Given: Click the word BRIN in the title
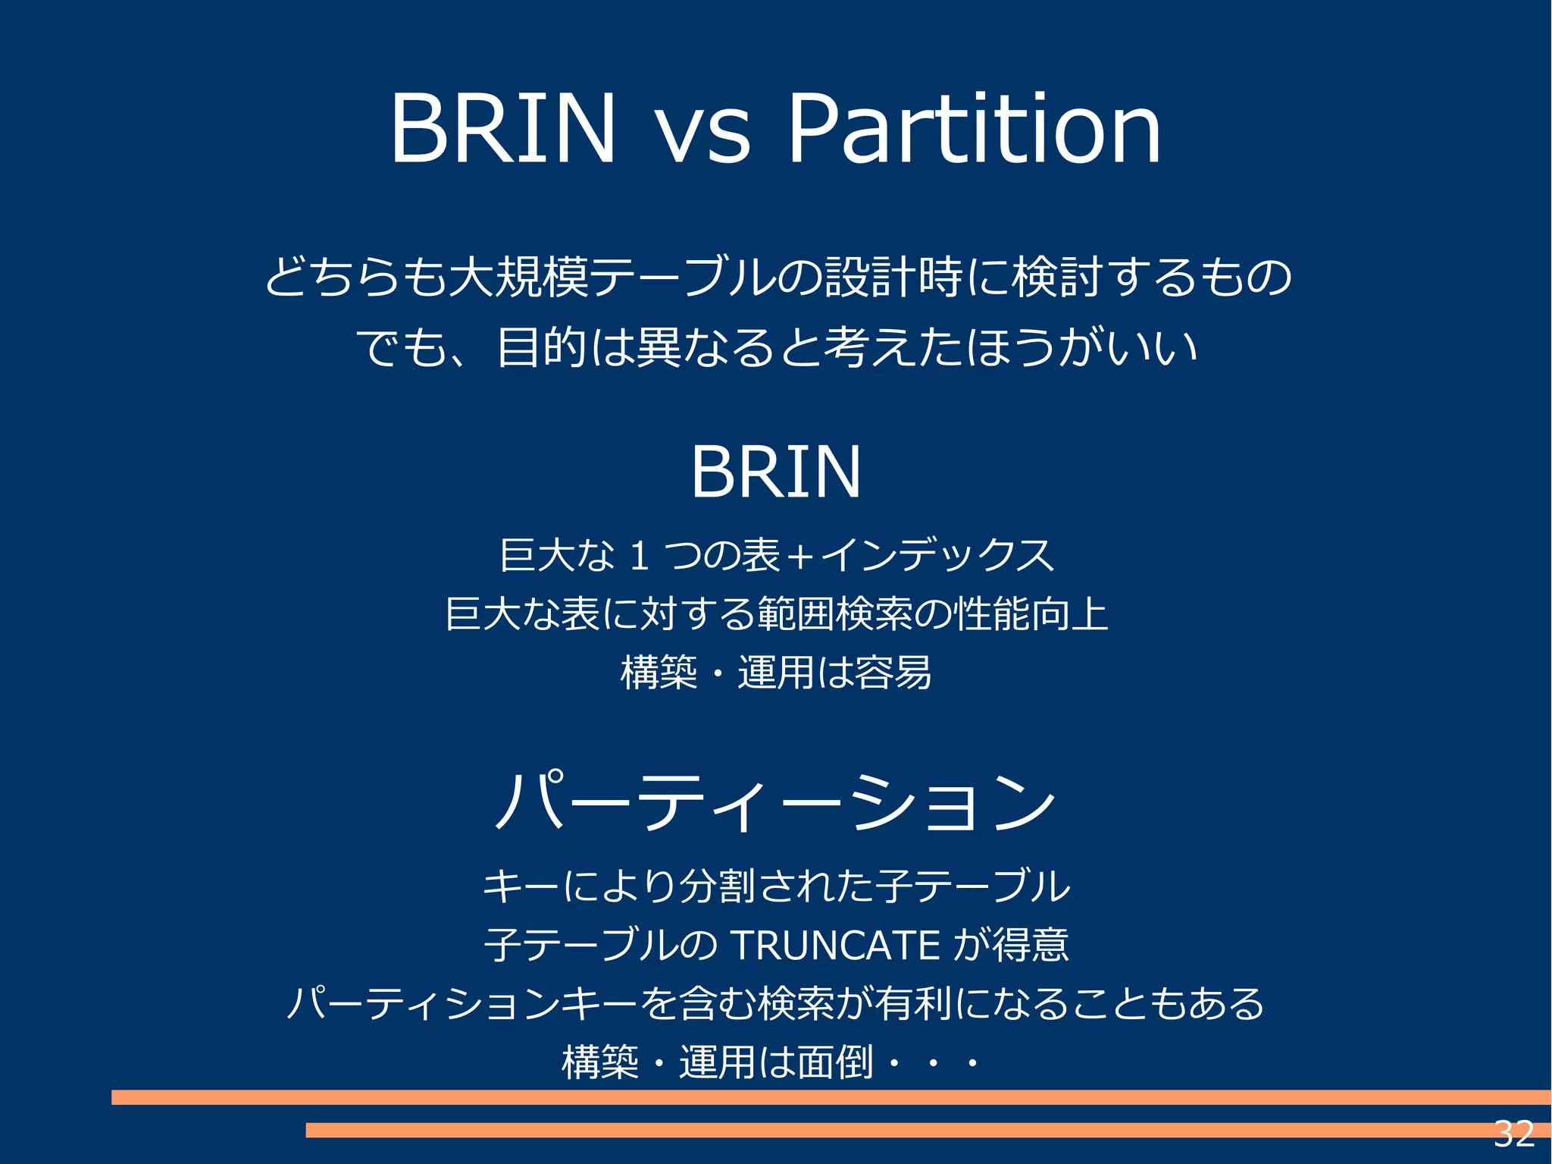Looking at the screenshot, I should click(x=502, y=129).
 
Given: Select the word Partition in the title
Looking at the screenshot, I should click(x=974, y=129).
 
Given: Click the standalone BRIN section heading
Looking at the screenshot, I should click(x=776, y=472).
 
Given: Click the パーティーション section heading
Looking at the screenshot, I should click(x=775, y=803).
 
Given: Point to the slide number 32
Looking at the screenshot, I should click(x=1514, y=1134).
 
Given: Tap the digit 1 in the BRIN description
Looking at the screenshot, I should click(x=639, y=555).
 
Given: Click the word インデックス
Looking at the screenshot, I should click(x=937, y=555).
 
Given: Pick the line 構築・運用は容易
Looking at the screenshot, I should click(x=776, y=673).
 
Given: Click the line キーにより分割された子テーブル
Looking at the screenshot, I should click(x=776, y=886).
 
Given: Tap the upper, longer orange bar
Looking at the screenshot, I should click(x=831, y=1097).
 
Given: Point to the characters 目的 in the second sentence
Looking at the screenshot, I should click(x=541, y=347).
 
